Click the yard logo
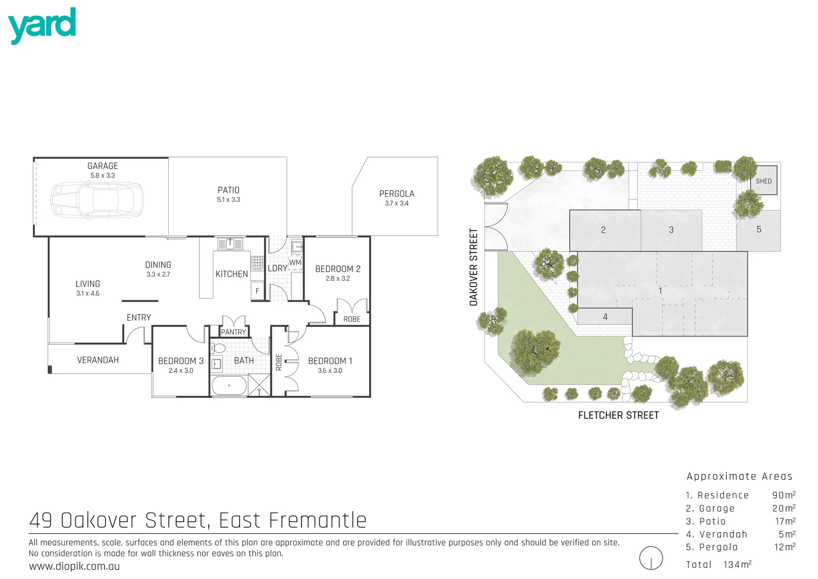[42, 25]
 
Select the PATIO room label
[228, 190]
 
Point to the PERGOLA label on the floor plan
[396, 194]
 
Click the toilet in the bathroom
[217, 348]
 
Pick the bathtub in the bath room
[229, 385]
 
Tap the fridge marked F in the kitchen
[258, 291]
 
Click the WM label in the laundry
[295, 262]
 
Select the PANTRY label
[234, 332]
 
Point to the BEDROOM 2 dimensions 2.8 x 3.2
[337, 279]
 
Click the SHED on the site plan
[763, 181]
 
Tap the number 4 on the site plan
[605, 317]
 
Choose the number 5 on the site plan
[759, 229]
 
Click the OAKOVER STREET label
[474, 267]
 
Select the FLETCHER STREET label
[618, 415]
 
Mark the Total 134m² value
[737, 565]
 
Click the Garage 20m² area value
[783, 508]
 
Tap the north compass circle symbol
[651, 558]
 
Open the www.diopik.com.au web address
[74, 567]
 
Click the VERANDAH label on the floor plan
[98, 360]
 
